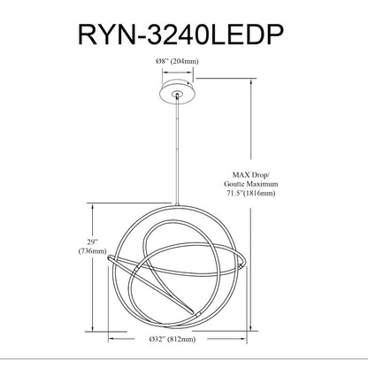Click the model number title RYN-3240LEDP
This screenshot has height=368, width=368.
click(180, 34)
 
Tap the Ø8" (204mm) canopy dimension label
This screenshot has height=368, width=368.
click(177, 61)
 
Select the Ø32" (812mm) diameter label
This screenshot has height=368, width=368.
click(172, 339)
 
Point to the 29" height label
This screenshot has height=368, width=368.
click(92, 242)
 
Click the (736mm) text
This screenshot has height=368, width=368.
click(92, 251)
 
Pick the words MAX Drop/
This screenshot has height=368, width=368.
click(250, 175)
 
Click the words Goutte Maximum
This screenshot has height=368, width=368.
click(250, 184)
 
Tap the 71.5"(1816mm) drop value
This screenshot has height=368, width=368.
click(250, 193)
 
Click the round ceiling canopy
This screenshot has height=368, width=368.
click(177, 93)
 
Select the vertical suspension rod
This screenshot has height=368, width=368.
click(177, 150)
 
